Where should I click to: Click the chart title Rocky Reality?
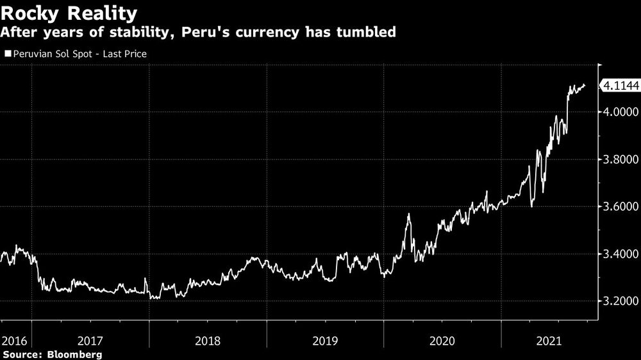[69, 13]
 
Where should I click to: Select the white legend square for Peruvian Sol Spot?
[7, 54]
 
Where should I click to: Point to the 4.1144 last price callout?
[618, 85]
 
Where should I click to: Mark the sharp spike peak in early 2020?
[408, 215]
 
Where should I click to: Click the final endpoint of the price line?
[584, 85]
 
